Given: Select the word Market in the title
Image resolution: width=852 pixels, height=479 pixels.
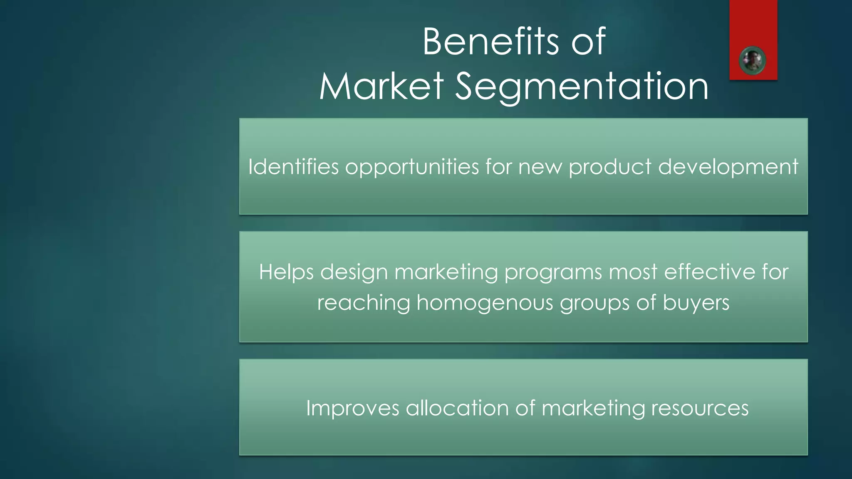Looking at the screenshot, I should (381, 86).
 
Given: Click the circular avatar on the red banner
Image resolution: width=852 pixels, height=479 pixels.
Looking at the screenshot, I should (752, 61).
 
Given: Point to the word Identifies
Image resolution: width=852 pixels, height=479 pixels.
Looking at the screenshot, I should (294, 167).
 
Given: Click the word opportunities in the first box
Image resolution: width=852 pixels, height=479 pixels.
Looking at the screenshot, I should (412, 168).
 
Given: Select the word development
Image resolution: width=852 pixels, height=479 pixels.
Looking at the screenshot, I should (728, 168).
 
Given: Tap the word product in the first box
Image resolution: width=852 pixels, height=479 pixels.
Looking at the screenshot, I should (610, 168).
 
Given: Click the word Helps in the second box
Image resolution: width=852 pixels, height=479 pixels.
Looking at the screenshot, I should (286, 272).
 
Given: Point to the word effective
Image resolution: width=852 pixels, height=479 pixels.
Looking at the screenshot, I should (709, 272).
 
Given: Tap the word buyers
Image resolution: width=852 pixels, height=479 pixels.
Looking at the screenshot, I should (696, 303).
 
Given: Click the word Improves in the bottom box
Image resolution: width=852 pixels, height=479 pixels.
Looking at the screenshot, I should (353, 408).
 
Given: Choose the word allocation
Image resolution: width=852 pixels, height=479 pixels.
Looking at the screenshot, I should (457, 408).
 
